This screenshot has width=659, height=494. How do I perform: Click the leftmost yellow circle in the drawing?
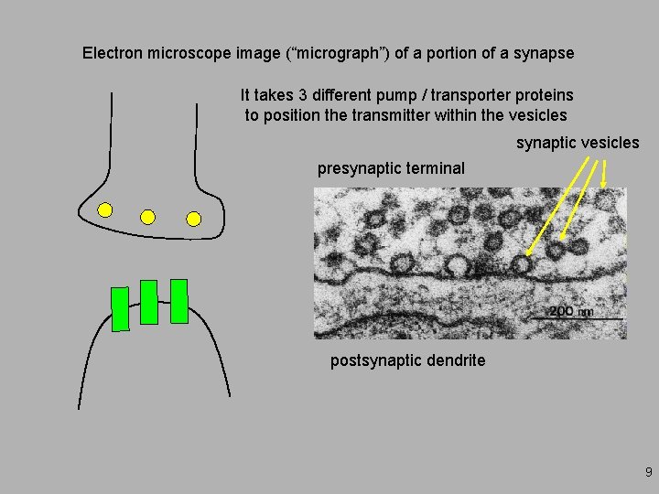[x=105, y=210]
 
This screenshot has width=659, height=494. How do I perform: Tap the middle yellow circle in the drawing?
[x=147, y=217]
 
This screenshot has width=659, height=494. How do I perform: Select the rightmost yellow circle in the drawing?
[x=193, y=218]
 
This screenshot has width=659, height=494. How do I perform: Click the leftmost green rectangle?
[x=119, y=308]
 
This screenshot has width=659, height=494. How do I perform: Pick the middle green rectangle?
[x=149, y=302]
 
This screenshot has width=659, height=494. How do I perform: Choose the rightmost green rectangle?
[x=179, y=301]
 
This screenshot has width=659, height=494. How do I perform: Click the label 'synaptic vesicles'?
[x=578, y=143]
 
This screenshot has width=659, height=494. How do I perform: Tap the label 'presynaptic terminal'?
[x=391, y=168]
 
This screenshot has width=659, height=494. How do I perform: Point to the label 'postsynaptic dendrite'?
[x=407, y=360]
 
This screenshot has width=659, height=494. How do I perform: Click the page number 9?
[x=649, y=473]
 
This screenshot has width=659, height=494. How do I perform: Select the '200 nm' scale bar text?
[x=571, y=311]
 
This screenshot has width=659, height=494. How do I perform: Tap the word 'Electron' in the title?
[x=113, y=53]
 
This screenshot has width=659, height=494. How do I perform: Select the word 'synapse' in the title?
[x=546, y=53]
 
